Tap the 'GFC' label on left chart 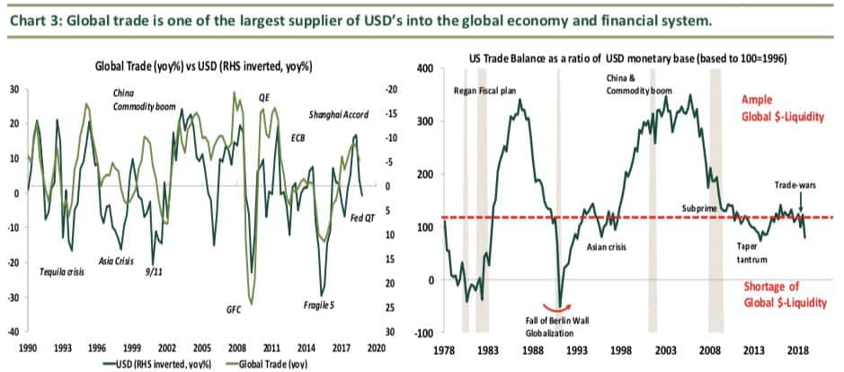tap(234, 308)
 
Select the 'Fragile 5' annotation tap(319, 306)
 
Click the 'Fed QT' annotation tap(362, 218)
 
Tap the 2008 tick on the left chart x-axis tap(237, 346)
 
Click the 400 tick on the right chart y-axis tap(422, 68)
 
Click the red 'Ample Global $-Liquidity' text tap(782, 109)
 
